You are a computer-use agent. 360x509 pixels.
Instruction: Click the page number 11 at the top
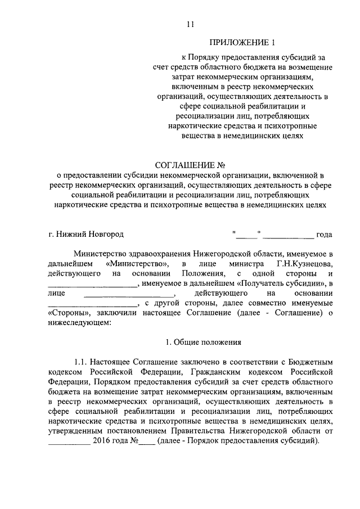pyautogui.click(x=190, y=24)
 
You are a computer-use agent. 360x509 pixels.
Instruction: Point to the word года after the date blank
pyautogui.click(x=325, y=234)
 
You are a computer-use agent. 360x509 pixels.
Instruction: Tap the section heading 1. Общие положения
pyautogui.click(x=203, y=342)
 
